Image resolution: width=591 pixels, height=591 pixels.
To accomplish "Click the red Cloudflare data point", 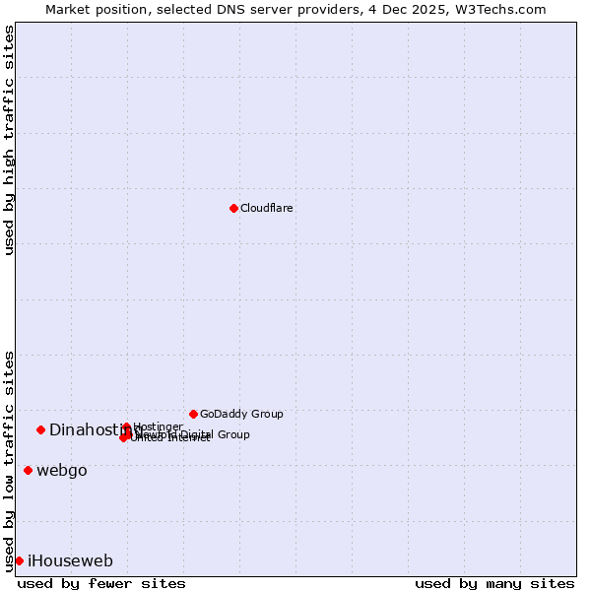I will [233, 208].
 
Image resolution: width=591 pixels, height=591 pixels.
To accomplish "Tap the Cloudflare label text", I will [267, 208].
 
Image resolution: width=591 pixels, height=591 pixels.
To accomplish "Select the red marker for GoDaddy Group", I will [193, 414].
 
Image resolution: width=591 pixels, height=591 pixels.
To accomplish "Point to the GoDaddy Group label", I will [241, 414].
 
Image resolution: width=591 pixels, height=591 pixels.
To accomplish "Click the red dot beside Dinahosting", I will [41, 429].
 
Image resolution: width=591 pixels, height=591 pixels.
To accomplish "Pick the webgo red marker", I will [28, 470].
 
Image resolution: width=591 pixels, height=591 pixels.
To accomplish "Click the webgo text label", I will [62, 471].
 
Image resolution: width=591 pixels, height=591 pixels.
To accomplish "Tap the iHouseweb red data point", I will [19, 560].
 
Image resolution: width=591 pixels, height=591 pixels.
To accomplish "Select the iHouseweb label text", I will [70, 561].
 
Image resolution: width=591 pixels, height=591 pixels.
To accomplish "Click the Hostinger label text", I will [158, 427].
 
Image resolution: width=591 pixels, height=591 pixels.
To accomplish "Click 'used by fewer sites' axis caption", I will [101, 583].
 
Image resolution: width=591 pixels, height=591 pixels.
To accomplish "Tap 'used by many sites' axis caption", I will [494, 583].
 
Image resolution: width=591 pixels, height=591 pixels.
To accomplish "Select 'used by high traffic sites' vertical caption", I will [9, 140].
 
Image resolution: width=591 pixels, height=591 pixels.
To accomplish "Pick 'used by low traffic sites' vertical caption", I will [9, 460].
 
